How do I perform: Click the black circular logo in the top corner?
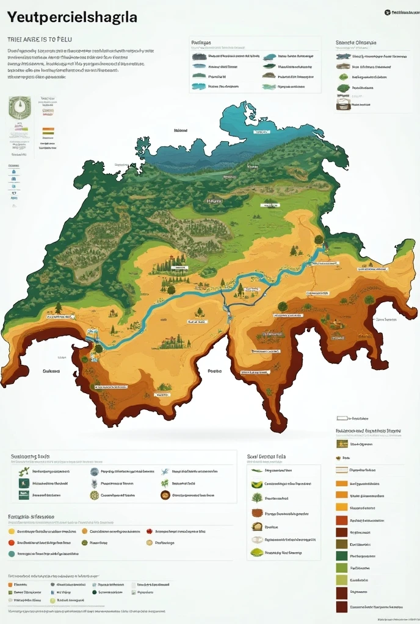[x=387, y=12]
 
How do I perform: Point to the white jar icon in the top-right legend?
[x=342, y=105]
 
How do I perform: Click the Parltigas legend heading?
[x=201, y=43]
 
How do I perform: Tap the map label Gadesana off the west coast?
[x=51, y=370]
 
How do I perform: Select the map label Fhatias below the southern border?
[x=214, y=370]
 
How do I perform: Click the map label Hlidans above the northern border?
[x=180, y=130]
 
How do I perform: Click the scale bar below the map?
[x=342, y=419]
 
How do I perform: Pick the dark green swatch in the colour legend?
[x=341, y=556]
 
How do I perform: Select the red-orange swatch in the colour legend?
[x=341, y=520]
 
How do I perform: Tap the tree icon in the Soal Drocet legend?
[x=257, y=498]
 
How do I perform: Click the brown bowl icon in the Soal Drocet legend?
[x=257, y=526]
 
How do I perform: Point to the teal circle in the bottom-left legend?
[x=12, y=554]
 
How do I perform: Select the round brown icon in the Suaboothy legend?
[x=165, y=495]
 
